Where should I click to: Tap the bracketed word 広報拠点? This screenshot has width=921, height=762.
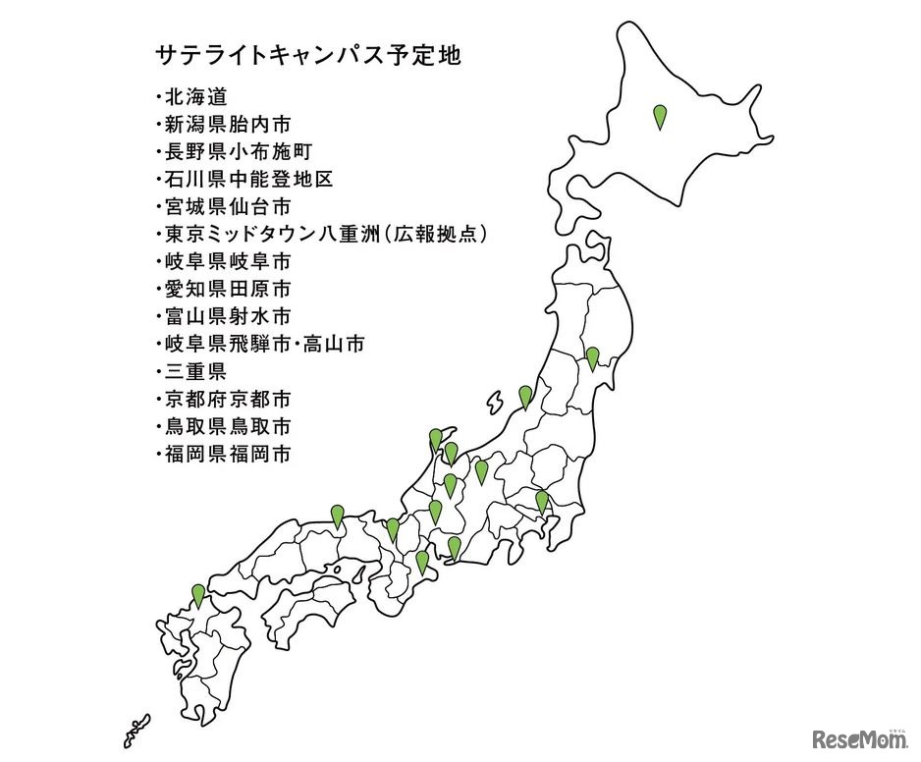click(435, 235)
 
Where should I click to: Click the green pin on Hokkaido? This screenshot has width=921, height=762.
click(660, 117)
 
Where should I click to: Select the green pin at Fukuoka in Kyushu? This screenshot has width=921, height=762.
click(198, 594)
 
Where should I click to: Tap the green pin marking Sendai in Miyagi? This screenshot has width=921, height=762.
click(592, 357)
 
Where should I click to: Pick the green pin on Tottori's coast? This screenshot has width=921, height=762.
click(337, 515)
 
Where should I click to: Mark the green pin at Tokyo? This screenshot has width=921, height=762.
click(541, 501)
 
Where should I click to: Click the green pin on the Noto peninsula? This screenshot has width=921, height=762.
click(435, 439)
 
